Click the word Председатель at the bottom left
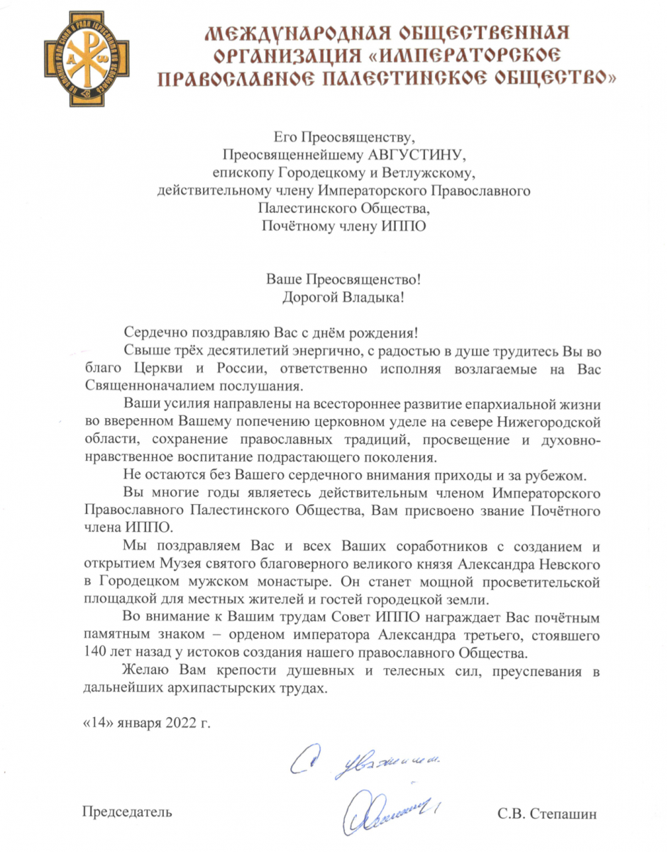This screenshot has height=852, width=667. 128,811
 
